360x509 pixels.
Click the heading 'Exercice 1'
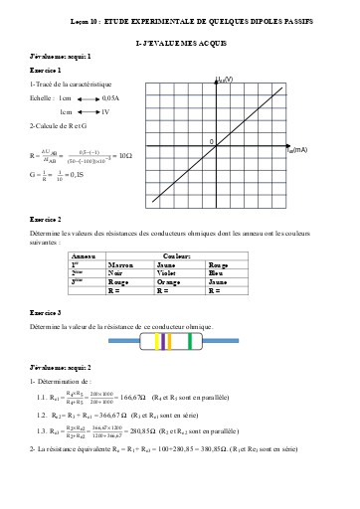tap(46, 73)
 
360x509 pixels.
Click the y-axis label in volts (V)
tap(224, 78)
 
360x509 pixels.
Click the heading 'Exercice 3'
tap(46, 311)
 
